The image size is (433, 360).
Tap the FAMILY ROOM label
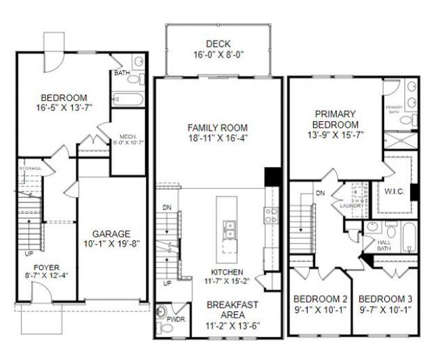pyautogui.click(x=216, y=127)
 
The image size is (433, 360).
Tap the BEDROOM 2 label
pyautogui.click(x=321, y=300)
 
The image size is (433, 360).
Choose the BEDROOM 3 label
pyautogui.click(x=386, y=300)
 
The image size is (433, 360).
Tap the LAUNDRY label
pyautogui.click(x=352, y=206)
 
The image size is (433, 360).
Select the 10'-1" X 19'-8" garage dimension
pyautogui.click(x=110, y=244)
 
